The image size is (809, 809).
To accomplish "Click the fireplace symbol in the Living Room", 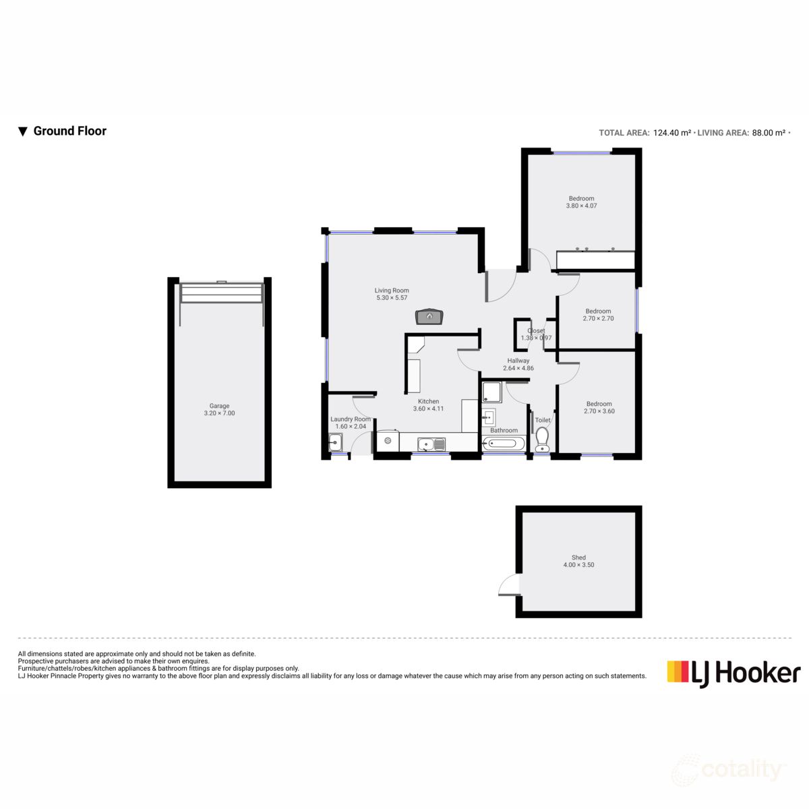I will pos(429,316).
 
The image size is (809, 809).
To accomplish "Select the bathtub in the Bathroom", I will pos(504,444).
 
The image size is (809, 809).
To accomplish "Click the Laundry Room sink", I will pos(335,443).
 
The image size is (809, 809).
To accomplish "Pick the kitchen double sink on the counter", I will pos(431,444).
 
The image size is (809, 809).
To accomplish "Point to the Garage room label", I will pos(219,406).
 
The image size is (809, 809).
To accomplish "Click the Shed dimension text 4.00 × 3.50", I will pos(578,565).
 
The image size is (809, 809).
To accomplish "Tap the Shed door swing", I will pos(509,585).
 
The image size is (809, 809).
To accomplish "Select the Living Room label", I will pos(392,291).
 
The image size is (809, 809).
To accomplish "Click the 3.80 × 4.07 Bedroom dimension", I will pos(581,206).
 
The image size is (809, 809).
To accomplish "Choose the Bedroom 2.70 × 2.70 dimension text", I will pos(598,318).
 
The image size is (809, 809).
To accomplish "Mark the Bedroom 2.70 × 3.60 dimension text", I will pos(599,411).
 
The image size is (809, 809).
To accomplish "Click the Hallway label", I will pos(518,361).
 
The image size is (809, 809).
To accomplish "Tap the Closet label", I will pos(536,331).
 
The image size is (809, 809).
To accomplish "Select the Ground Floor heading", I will pos(69,131).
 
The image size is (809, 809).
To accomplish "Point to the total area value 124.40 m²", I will pos(671,133).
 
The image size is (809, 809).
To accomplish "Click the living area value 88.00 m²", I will pos(769,133).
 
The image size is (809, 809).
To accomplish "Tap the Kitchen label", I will pos(428,401).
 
